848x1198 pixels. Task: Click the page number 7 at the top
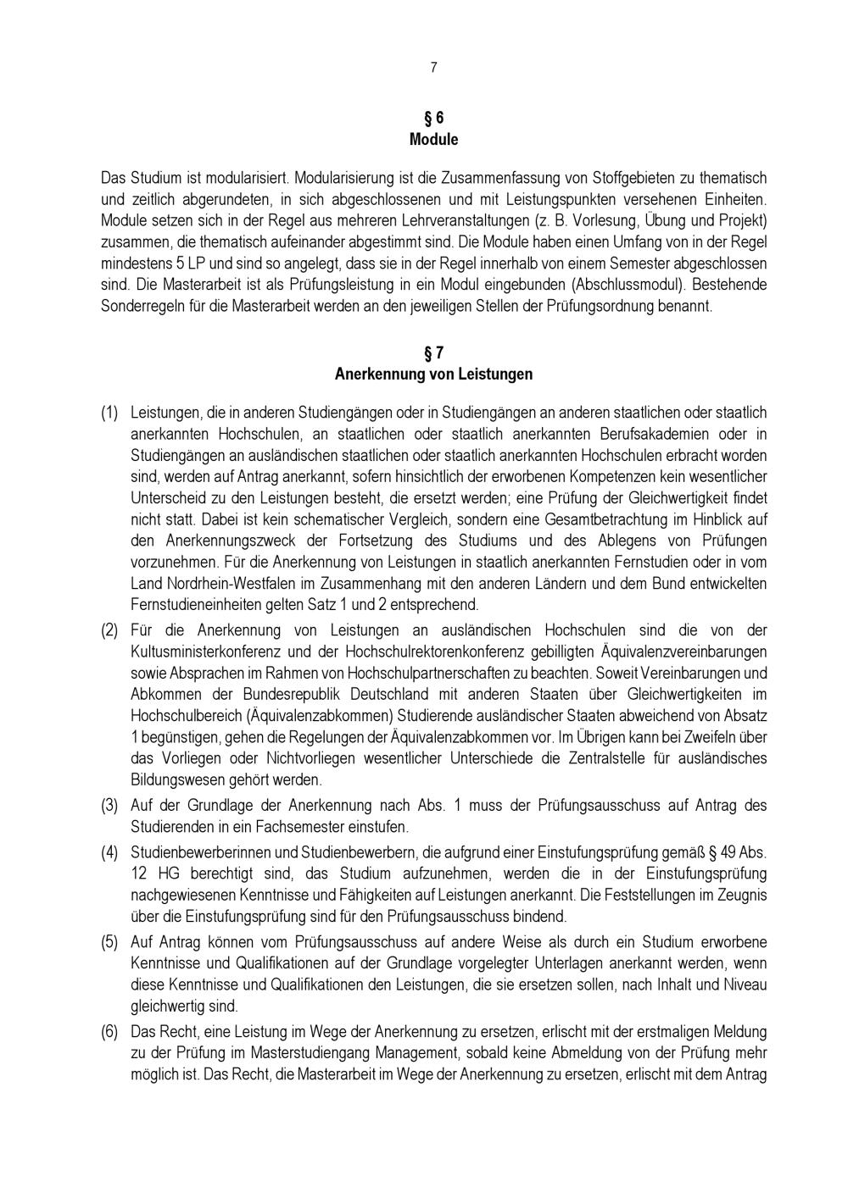[x=433, y=68]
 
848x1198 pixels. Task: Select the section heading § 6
[x=433, y=118]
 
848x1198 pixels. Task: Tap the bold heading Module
[x=433, y=139]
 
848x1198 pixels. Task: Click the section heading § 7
[x=433, y=352]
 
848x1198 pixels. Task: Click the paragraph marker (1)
[x=109, y=413]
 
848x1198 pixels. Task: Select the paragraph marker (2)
[x=109, y=630]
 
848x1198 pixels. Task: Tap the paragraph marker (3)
[x=109, y=805]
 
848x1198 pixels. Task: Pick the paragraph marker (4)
[x=109, y=851]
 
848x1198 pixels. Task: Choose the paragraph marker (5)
[x=109, y=942]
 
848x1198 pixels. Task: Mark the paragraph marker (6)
[x=109, y=1032]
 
